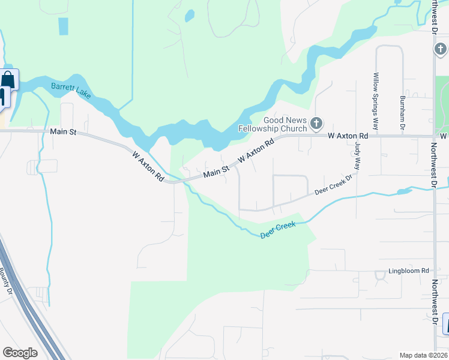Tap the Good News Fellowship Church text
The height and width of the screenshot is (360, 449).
273,124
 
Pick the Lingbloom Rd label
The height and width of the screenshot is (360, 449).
408,271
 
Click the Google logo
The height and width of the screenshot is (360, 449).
20,353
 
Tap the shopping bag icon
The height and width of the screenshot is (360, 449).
8,79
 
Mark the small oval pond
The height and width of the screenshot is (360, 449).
190,14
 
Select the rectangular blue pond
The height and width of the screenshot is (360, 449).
63,26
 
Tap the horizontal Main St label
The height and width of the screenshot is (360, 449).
63,131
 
